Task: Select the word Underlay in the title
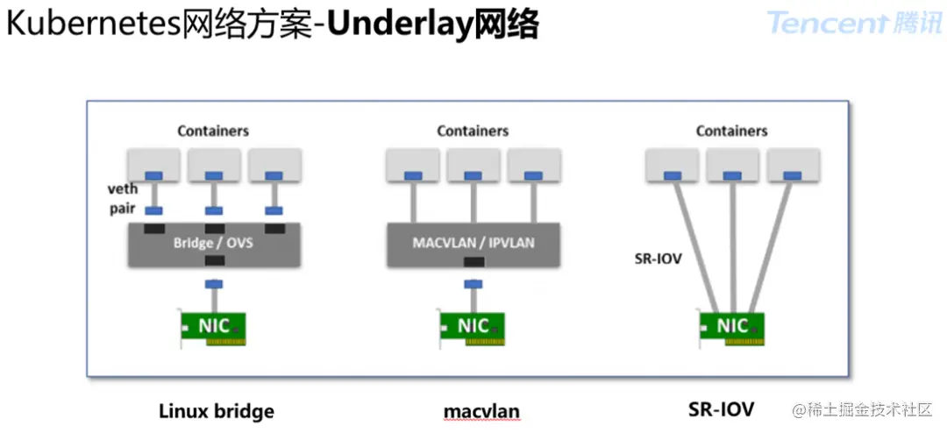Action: tap(400, 25)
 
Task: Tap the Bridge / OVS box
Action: tap(214, 243)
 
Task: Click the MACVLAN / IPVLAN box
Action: tap(473, 243)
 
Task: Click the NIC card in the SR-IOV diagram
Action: tap(733, 328)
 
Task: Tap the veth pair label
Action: tap(123, 199)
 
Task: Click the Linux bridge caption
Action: tap(216, 410)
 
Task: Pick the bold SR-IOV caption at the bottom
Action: tap(722, 408)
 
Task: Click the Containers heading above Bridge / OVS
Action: tap(213, 131)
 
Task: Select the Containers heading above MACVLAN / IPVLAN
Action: tap(473, 131)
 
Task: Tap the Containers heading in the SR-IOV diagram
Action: tap(731, 131)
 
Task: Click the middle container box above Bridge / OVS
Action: tap(214, 164)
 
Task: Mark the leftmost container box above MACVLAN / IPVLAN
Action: tap(413, 164)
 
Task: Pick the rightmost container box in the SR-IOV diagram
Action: tap(793, 165)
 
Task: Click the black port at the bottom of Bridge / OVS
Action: tap(214, 261)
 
